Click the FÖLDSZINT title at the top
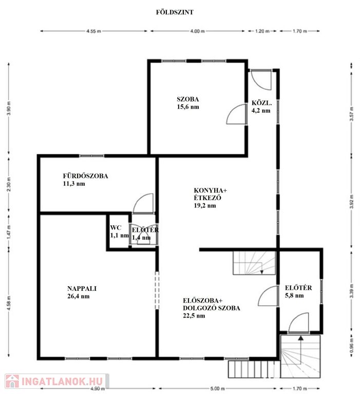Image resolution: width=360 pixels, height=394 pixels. click(x=175, y=12)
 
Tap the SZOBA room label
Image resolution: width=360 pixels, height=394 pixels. click(x=187, y=99)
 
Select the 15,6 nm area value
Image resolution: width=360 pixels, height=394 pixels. click(x=188, y=107)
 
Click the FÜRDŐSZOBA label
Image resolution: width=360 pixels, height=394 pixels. click(x=86, y=176)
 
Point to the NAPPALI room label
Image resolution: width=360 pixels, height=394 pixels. click(x=82, y=288)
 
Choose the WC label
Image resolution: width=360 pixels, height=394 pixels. click(x=116, y=228)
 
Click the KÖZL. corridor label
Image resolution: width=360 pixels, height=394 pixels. click(x=261, y=103)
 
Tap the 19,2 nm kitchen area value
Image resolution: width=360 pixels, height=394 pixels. click(x=205, y=206)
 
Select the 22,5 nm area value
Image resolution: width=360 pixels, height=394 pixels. click(x=194, y=316)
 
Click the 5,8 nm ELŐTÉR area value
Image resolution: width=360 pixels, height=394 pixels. click(x=294, y=295)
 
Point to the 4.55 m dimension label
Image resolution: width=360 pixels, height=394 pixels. click(x=93, y=31)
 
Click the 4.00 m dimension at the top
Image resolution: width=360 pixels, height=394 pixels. click(x=197, y=31)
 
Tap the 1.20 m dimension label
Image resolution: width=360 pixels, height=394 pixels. click(x=262, y=31)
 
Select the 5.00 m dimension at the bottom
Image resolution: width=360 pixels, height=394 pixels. click(x=217, y=388)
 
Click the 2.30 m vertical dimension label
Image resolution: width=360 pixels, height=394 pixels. click(x=9, y=184)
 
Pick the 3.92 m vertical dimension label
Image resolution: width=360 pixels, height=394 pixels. click(x=352, y=202)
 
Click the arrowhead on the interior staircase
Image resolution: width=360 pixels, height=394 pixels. click(x=262, y=272)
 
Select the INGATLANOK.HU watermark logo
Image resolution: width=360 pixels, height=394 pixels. click(x=57, y=381)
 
